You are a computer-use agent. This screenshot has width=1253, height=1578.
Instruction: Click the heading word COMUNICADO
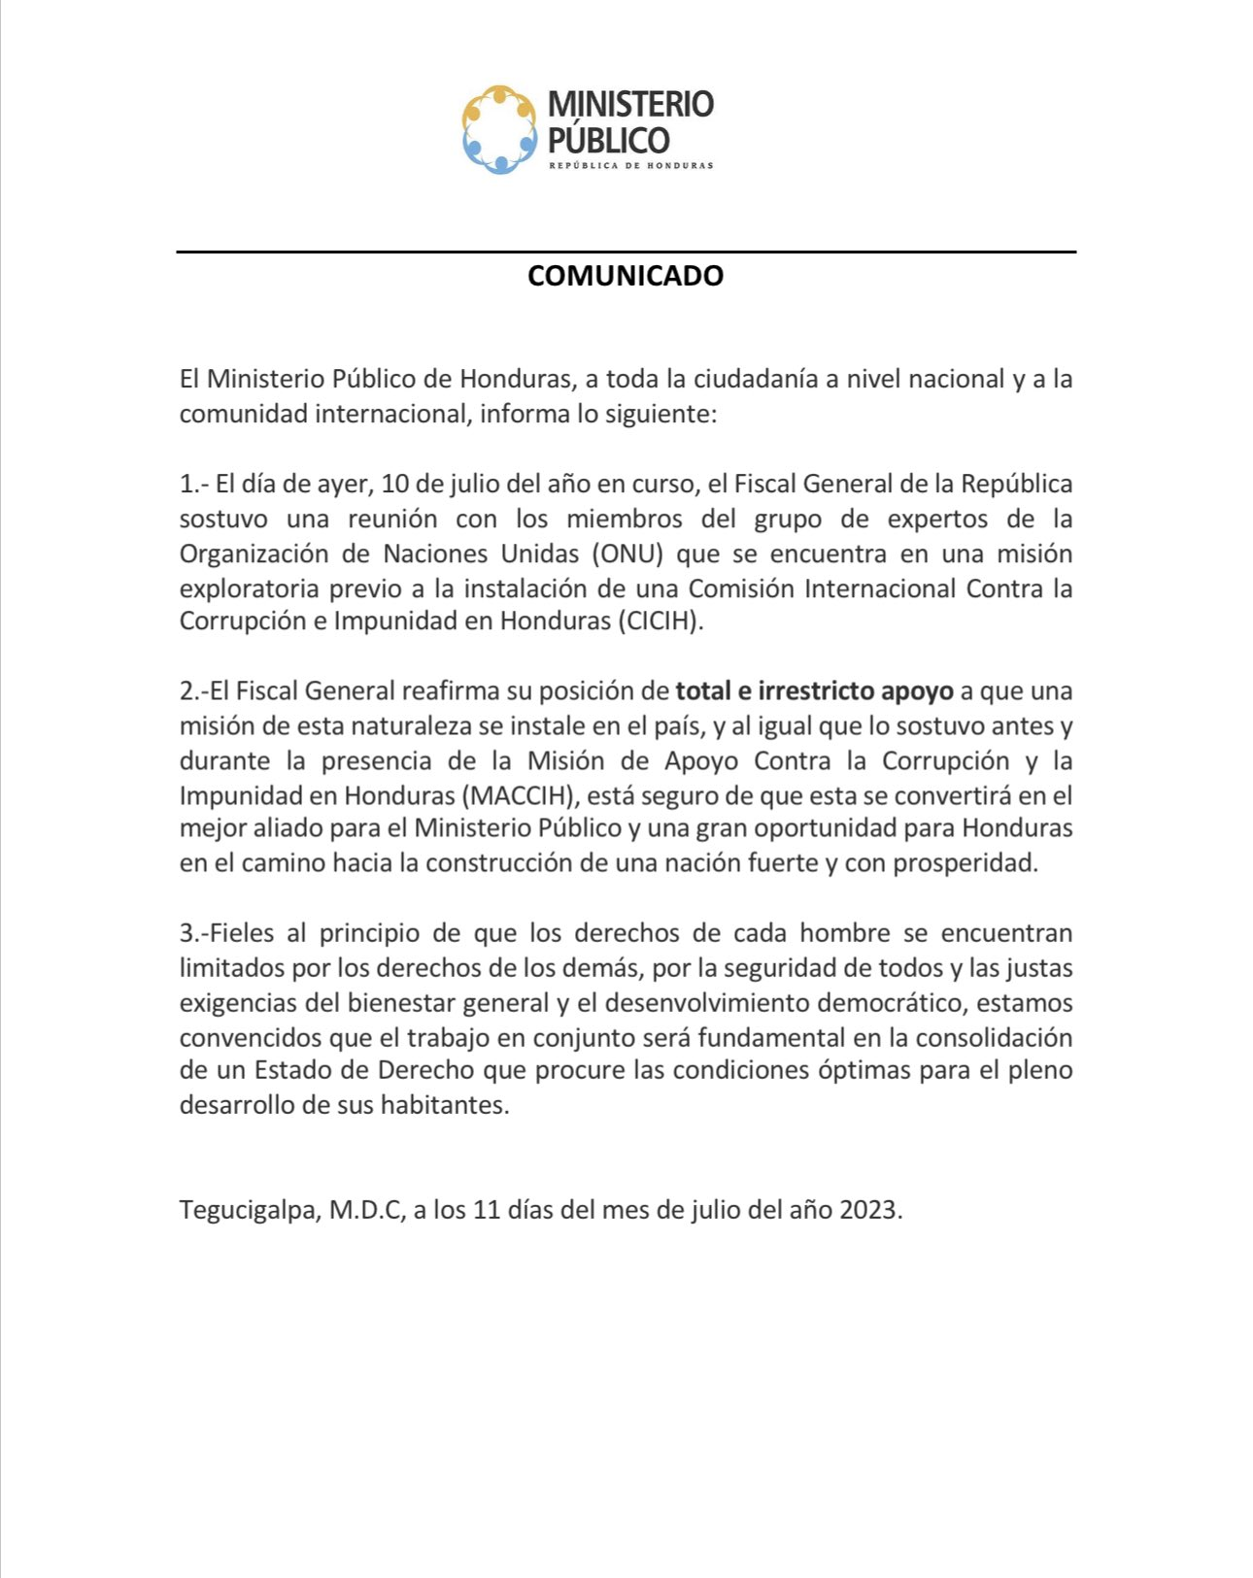626,276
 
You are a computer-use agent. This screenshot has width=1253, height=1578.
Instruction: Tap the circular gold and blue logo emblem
499,129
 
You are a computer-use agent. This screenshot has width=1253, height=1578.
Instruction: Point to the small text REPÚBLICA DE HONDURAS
631,166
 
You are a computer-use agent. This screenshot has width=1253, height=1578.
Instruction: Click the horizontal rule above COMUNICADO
626,252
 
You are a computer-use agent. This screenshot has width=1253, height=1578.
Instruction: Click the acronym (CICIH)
659,621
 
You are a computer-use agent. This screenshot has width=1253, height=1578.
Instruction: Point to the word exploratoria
250,588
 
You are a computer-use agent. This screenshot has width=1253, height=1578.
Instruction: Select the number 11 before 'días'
486,1210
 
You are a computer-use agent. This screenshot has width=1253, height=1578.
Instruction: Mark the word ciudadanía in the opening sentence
756,379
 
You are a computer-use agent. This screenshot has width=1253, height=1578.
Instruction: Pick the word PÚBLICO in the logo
609,141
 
